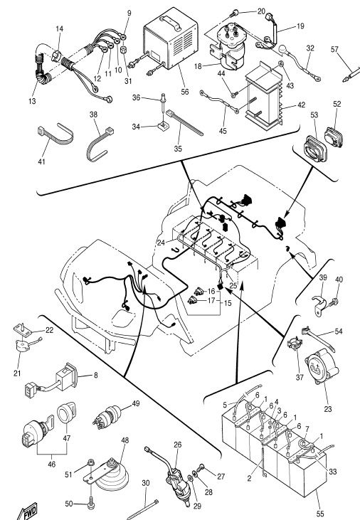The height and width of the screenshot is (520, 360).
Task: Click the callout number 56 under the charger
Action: pos(185,92)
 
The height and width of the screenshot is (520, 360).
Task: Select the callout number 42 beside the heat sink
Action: pos(301,105)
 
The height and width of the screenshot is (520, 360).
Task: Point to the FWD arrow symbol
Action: pos(28,512)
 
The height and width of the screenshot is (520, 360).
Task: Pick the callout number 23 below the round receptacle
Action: pos(328,409)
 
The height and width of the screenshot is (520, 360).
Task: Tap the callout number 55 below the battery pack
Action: pos(320,514)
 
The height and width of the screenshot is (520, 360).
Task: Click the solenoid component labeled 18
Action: pos(228,46)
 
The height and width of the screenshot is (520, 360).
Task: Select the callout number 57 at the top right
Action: pos(334,49)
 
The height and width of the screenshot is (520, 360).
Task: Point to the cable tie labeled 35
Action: pos(184,122)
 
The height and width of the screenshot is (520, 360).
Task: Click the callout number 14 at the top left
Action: pos(59,29)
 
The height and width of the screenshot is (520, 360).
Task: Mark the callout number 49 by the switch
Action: pos(136,403)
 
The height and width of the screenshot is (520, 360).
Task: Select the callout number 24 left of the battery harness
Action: pos(161,243)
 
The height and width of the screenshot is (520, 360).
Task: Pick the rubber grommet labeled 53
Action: pos(314,149)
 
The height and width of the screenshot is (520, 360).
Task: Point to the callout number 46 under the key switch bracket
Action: pos(52,464)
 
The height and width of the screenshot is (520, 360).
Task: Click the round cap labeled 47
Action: pos(66,413)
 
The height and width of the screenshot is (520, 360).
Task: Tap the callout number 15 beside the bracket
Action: pos(228,303)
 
